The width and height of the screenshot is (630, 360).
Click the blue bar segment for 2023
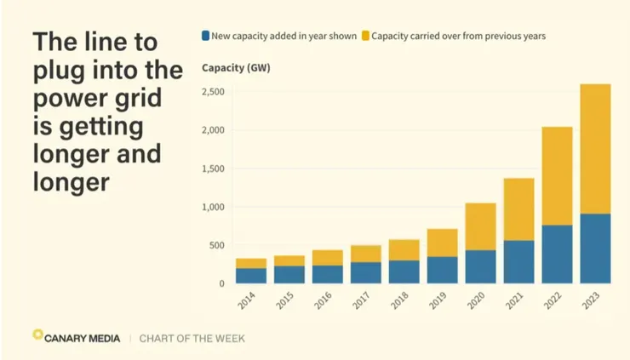[595, 249]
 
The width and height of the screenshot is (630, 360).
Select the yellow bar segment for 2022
[557, 176]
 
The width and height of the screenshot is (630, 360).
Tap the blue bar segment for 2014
[250, 276]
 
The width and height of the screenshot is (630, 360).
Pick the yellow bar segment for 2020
[480, 226]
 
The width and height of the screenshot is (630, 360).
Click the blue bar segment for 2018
[404, 271]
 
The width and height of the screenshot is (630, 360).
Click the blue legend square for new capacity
[206, 37]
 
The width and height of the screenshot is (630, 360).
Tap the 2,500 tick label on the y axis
[213, 91]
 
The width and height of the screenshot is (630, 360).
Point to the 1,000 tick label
[213, 207]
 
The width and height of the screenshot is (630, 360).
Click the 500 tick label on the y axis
[217, 246]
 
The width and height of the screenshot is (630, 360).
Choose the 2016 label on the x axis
[324, 302]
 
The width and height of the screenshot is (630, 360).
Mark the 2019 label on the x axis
[439, 302]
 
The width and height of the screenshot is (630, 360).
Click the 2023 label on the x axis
[593, 302]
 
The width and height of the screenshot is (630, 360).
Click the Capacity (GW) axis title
[236, 67]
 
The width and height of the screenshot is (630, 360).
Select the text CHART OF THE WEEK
[193, 338]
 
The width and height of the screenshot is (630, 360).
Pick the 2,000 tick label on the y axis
[213, 130]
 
